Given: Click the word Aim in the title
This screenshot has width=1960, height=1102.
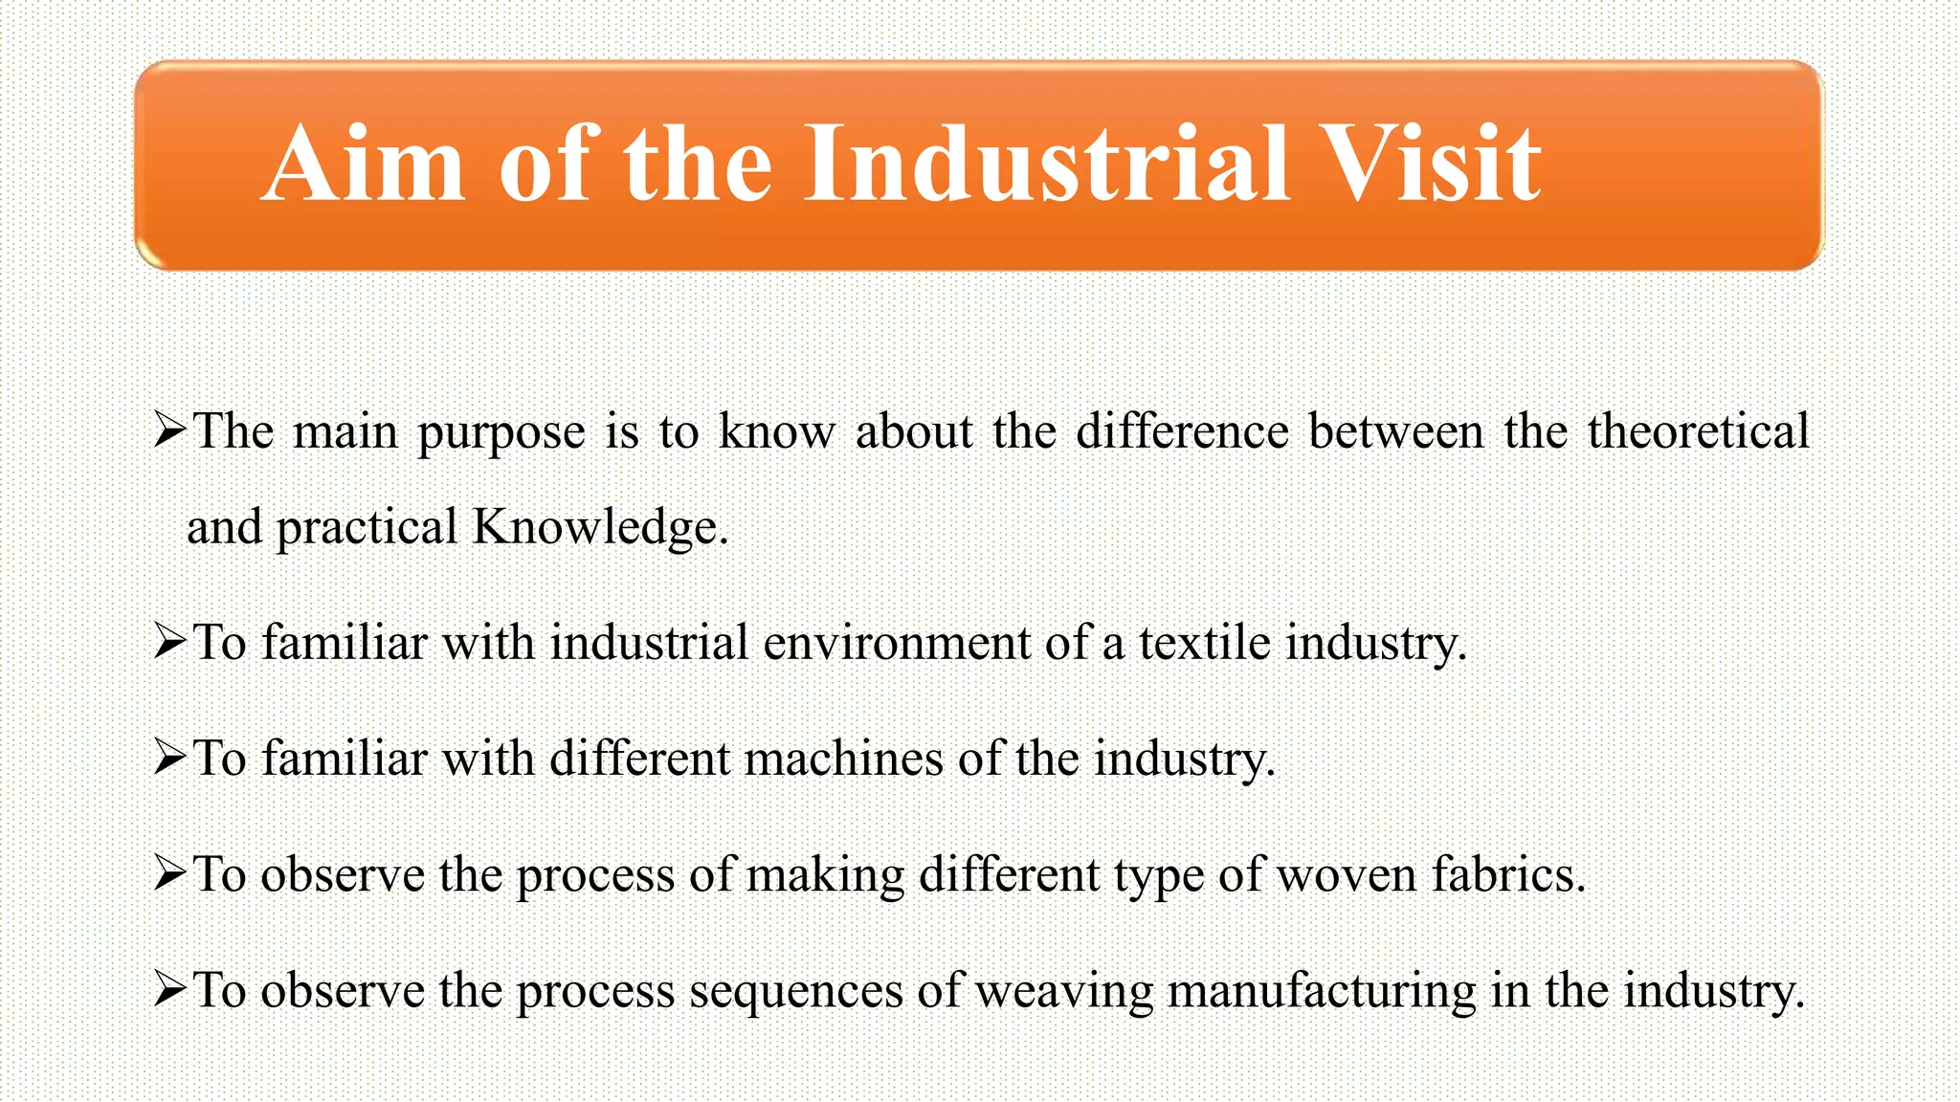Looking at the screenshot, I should (x=363, y=165).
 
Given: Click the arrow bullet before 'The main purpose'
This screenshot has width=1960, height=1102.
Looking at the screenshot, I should (x=169, y=430).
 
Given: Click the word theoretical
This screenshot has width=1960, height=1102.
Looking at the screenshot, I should (x=1699, y=430).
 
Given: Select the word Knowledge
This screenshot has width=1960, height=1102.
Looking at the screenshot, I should (x=600, y=528).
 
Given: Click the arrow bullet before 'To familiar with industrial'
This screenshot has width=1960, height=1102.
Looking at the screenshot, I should (x=169, y=642).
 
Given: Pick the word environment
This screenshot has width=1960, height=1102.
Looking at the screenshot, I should (x=896, y=642).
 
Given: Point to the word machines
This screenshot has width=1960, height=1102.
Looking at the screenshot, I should (x=843, y=759).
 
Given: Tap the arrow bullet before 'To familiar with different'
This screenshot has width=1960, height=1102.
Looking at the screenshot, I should (x=169, y=759).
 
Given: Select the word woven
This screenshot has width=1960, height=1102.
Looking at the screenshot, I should (x=1346, y=874).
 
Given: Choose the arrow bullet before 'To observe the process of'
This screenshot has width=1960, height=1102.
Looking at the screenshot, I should (x=169, y=874).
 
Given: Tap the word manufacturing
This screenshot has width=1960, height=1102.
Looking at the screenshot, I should (x=1322, y=992).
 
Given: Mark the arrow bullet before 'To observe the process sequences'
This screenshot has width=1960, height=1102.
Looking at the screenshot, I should (x=169, y=990).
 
